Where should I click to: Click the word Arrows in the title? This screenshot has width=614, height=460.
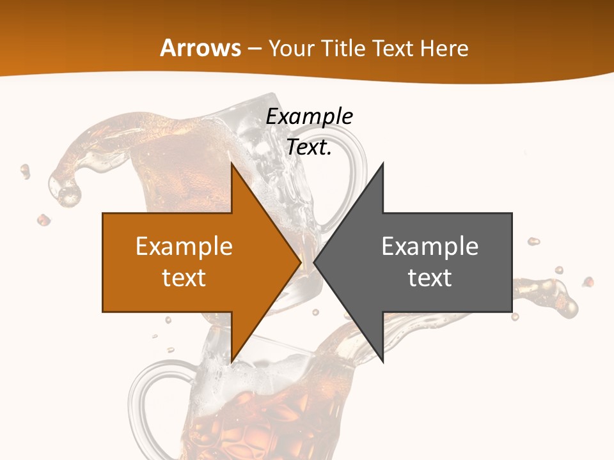(201, 48)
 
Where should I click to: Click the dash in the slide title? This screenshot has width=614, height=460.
(255, 49)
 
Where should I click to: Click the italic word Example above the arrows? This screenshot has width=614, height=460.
(309, 116)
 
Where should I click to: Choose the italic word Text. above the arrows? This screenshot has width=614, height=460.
(309, 147)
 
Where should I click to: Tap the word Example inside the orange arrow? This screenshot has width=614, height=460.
(184, 247)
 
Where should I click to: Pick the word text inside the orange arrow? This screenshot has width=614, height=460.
(184, 277)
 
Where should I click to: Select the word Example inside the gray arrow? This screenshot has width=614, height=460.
(430, 247)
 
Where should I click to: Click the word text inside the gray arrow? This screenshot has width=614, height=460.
(430, 277)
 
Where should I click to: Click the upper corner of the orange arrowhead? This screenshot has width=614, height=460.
(232, 165)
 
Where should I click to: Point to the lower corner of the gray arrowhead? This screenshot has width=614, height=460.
(382, 362)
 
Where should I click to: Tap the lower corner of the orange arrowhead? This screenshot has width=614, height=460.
(232, 362)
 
